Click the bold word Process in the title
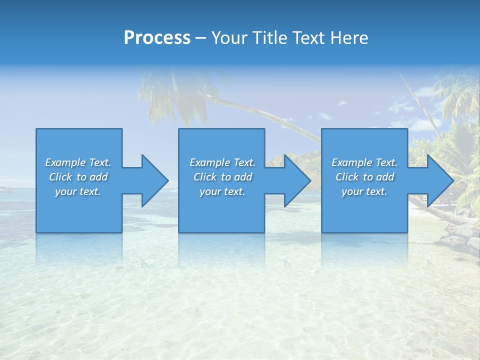(157, 38)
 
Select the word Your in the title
(230, 38)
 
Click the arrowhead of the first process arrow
(154, 180)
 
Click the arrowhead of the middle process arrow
(297, 180)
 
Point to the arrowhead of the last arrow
(440, 180)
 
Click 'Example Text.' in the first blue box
(78, 162)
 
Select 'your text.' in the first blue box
(78, 191)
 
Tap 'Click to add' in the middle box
(222, 177)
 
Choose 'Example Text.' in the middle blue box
(222, 162)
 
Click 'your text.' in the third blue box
(364, 191)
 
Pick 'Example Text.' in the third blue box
(364, 162)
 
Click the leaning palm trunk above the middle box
(260, 112)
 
